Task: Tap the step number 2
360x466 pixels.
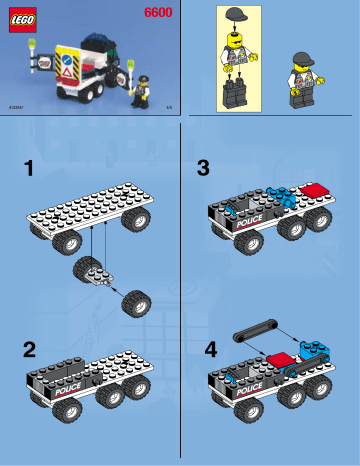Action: click(x=30, y=349)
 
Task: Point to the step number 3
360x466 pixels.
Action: click(x=204, y=169)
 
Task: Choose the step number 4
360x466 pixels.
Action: click(x=210, y=350)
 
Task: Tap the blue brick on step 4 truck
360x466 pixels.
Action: click(x=315, y=350)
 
